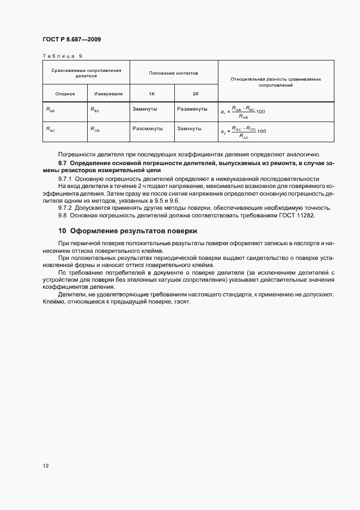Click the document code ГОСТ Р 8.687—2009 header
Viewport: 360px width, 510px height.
tap(71, 39)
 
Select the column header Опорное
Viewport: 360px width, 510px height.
tap(65, 94)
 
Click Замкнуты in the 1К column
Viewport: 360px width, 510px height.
tap(144, 109)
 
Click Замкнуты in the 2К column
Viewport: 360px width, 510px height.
tap(189, 129)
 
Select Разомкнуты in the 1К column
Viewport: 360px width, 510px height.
tap(147, 129)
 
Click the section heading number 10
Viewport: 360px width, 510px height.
tap(62, 231)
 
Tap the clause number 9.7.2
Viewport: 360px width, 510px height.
tap(65, 208)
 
